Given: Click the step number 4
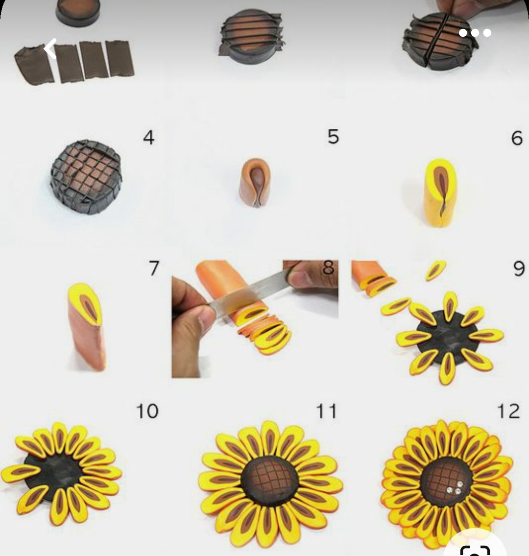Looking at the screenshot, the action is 148,138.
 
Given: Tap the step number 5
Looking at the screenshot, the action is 333,137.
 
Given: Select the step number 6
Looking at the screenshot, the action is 517,138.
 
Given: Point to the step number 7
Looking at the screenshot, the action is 154,268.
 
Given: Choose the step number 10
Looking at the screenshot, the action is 147,411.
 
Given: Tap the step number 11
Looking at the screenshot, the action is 326,411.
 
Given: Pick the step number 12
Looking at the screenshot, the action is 508,411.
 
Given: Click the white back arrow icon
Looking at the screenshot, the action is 51,48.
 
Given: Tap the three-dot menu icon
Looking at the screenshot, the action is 475,33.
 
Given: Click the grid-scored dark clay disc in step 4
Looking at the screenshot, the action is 86,176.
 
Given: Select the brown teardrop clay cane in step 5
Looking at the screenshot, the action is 255,182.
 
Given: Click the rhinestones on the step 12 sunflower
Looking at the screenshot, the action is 455,488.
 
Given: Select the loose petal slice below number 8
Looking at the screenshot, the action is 436,270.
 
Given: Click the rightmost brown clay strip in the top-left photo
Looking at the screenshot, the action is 120,58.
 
